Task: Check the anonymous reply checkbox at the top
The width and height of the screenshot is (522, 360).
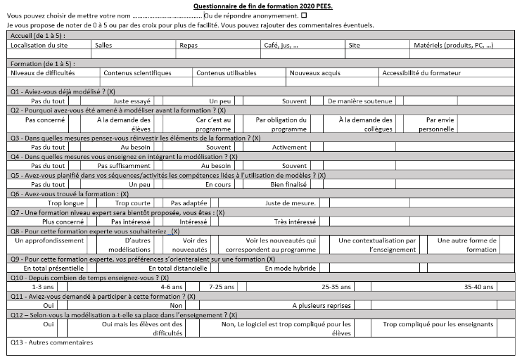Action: click(304, 15)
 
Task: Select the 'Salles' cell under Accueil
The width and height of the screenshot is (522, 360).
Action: click(103, 45)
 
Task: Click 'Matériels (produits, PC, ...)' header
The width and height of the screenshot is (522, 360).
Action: click(454, 45)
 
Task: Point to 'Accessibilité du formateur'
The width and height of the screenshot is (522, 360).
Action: click(421, 72)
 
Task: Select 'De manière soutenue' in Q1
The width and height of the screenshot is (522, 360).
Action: click(360, 101)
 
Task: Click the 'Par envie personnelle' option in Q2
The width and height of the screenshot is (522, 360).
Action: click(440, 124)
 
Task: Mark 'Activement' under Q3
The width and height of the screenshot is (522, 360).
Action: click(289, 147)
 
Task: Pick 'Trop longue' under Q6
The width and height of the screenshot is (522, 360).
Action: click(65, 202)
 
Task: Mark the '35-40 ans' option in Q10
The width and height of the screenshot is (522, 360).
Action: click(478, 286)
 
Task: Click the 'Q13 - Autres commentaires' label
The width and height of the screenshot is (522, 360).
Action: click(51, 342)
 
